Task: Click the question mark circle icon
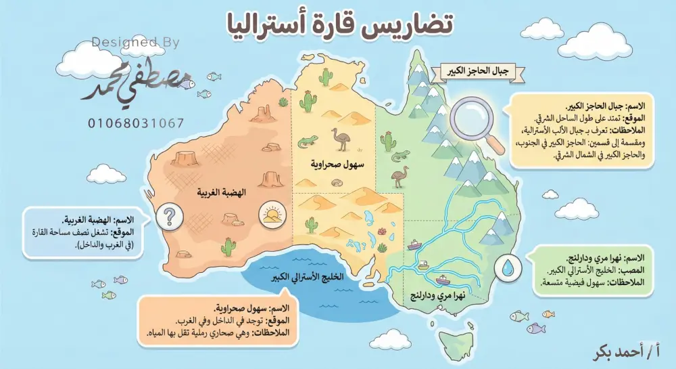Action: tap(169, 217)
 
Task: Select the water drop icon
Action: tap(508, 267)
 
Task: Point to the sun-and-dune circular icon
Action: tap(270, 216)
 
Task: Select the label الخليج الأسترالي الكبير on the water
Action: tap(313, 278)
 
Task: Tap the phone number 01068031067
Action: tap(135, 123)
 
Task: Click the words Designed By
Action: tap(136, 43)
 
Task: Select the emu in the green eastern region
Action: tap(401, 176)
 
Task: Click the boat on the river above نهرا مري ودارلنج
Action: tap(443, 279)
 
